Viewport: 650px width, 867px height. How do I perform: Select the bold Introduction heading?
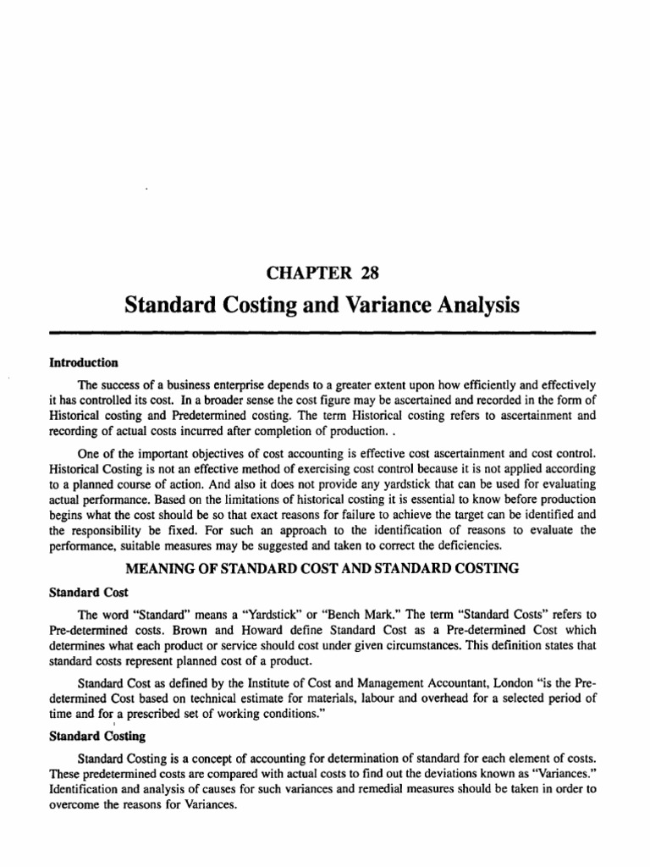82,362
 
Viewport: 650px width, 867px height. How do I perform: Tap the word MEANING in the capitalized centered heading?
163,547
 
